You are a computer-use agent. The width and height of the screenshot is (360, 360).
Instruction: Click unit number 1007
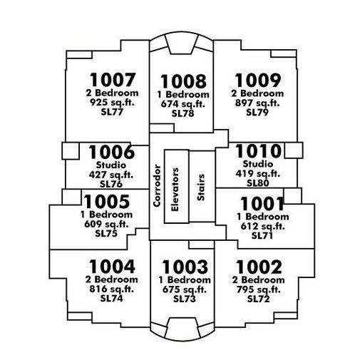pos(112,80)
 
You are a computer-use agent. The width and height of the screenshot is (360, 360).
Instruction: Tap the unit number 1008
pos(183,81)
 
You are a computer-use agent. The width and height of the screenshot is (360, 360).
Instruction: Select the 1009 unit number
pos(258,81)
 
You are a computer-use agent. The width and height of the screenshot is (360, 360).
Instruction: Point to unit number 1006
pos(112,152)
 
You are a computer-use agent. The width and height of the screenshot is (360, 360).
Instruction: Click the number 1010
pos(258,151)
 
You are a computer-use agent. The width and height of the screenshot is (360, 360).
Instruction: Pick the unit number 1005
pos(107,202)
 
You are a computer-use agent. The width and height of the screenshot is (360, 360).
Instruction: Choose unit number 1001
pos(262,204)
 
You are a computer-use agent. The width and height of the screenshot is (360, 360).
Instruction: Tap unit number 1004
pos(112,267)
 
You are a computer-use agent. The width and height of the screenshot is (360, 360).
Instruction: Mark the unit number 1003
pos(185,267)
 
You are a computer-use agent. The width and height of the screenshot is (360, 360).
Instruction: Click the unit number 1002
pos(259,267)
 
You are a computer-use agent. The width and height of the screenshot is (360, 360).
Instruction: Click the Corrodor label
pos(157,185)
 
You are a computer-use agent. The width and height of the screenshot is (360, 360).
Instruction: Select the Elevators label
pos(175,190)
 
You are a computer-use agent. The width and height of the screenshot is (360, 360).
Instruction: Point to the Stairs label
pos(201,187)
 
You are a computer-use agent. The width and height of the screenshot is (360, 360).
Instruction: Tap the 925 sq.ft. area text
pos(112,103)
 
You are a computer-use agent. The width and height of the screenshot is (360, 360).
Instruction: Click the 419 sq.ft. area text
pos(258,174)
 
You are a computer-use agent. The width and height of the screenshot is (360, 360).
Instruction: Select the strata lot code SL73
pos(185,299)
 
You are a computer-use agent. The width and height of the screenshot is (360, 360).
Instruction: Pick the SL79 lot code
pos(257,112)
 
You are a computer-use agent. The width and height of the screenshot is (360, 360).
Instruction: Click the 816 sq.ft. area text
pos(111,289)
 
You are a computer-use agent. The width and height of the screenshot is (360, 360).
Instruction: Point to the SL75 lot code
pos(106,233)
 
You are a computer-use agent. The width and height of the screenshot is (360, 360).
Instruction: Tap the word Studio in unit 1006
pos(111,165)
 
